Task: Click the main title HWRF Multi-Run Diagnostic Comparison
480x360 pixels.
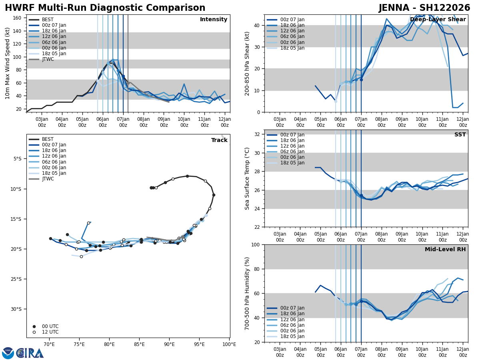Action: tap(105, 8)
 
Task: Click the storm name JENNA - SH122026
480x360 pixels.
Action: tap(424, 8)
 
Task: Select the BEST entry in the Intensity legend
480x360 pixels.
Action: tap(48, 20)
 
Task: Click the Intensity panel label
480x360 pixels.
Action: tap(214, 20)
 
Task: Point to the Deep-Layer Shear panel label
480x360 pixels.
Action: tap(438, 20)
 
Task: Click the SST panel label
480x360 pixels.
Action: tap(460, 135)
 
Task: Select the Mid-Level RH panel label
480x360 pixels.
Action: tap(445, 250)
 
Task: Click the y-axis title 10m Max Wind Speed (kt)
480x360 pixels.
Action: tap(8, 63)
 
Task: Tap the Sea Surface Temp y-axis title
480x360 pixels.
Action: tap(247, 178)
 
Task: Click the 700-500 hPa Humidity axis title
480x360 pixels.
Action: tap(247, 293)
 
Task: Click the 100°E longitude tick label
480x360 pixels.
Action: tap(229, 344)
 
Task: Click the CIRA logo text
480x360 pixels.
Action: tap(30, 353)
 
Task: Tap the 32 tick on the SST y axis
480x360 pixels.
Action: tap(257, 134)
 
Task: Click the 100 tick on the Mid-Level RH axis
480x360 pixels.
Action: tap(256, 244)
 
